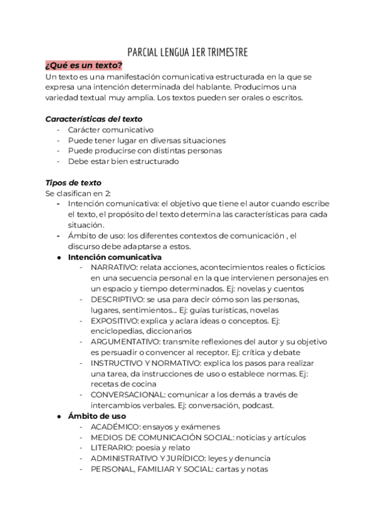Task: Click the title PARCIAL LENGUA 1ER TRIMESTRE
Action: [x=187, y=52]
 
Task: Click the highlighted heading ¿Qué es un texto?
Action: [x=83, y=65]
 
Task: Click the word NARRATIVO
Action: [x=112, y=267]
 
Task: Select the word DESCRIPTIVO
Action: [x=114, y=299]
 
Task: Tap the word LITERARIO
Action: [x=110, y=448]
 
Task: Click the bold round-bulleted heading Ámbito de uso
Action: [x=97, y=416]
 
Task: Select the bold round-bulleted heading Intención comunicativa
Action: [x=115, y=257]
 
